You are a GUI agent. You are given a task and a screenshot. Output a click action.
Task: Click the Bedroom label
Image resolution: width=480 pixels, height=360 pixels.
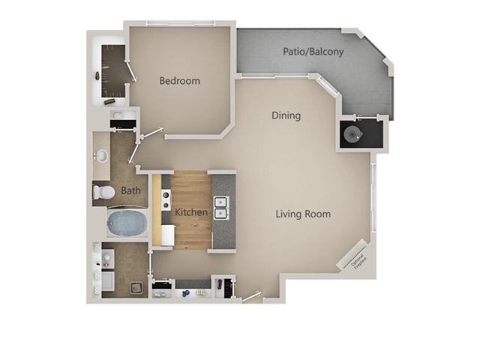coord(179,80)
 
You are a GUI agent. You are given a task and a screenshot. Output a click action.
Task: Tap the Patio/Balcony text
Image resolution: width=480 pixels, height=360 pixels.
coord(313,52)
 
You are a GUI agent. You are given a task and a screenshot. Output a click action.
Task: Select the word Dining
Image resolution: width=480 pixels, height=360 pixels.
coord(286,115)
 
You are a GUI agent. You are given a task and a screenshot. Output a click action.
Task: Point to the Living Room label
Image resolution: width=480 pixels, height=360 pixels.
coord(303,214)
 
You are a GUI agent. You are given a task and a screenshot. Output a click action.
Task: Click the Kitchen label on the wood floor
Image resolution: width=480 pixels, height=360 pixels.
coord(191,212)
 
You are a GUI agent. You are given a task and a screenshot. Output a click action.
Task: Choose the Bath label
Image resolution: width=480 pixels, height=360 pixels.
coord(130,190)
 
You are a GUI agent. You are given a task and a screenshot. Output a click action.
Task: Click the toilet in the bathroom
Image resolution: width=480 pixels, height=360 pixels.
coord(104,193)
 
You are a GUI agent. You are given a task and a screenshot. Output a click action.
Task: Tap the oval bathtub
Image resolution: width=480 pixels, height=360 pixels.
coord(127,223)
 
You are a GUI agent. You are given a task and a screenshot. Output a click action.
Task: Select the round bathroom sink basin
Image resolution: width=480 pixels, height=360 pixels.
coord(101,156)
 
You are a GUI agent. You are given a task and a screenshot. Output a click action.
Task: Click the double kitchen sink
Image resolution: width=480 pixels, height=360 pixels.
coord(221,208)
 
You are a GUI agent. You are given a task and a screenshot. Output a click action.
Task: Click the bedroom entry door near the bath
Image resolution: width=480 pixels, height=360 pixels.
coord(151,133)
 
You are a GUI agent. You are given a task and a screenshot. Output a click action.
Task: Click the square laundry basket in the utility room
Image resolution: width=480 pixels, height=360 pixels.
coord(136,287)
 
